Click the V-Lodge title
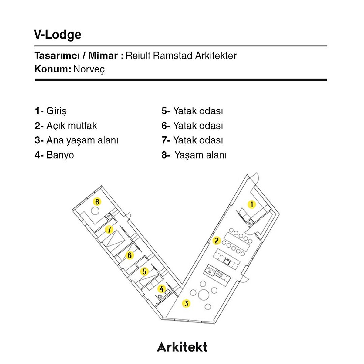pyautogui.click(x=58, y=35)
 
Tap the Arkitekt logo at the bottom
pyautogui.click(x=182, y=347)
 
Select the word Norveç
pyautogui.click(x=89, y=69)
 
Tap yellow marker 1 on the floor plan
pyautogui.click(x=251, y=204)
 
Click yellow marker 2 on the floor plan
pyautogui.click(x=217, y=241)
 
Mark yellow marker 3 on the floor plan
pyautogui.click(x=186, y=303)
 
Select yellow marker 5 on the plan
pyautogui.click(x=144, y=271)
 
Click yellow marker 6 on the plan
pyautogui.click(x=130, y=255)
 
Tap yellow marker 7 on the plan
pyautogui.click(x=109, y=230)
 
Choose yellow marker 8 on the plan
pyautogui.click(x=97, y=201)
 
